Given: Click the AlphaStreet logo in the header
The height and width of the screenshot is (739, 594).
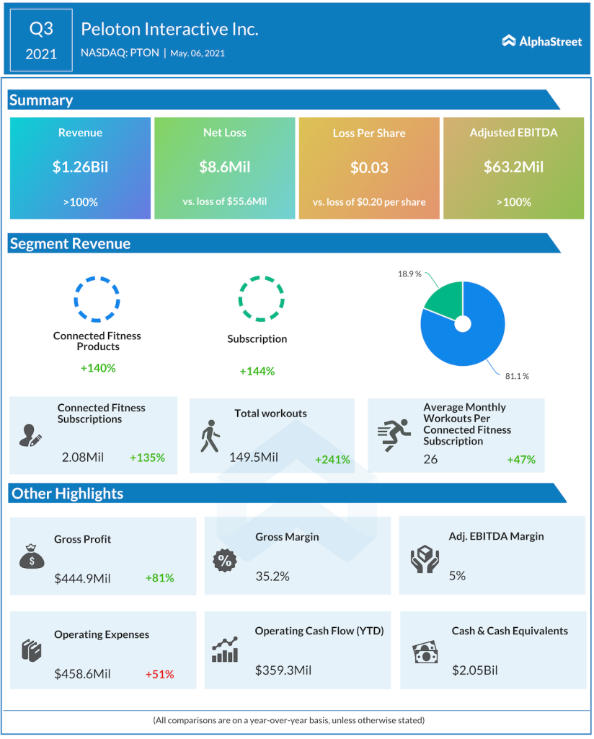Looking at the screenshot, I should [x=541, y=41].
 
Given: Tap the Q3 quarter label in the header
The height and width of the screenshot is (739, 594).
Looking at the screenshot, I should [x=41, y=29].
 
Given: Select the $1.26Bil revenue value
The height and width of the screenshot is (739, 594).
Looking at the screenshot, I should [x=80, y=167].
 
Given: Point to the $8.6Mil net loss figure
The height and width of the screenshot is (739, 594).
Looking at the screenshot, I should [x=224, y=167].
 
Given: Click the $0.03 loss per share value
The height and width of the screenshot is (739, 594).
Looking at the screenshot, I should [x=369, y=167].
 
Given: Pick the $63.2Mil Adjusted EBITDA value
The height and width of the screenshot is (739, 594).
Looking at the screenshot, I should [x=513, y=167].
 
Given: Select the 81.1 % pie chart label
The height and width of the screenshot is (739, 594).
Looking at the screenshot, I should [x=516, y=376].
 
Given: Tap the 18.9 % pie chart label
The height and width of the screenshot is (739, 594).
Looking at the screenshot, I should [x=409, y=275].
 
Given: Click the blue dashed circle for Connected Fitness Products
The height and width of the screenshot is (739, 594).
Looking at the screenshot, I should [x=97, y=298].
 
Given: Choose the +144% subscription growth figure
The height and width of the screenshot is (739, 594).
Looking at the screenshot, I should [x=257, y=371].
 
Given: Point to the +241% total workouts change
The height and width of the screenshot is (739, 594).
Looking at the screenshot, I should [x=332, y=459].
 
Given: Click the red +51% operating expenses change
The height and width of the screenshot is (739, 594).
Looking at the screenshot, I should [x=159, y=674].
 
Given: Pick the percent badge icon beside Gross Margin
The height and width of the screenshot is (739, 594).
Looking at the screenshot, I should [x=224, y=560].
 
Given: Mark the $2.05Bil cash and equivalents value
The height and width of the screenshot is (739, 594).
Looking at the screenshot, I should [x=475, y=670].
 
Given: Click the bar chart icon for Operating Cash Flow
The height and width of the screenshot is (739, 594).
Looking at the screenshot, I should [x=225, y=650].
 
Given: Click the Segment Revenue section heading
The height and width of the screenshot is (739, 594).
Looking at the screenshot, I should [x=70, y=244].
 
